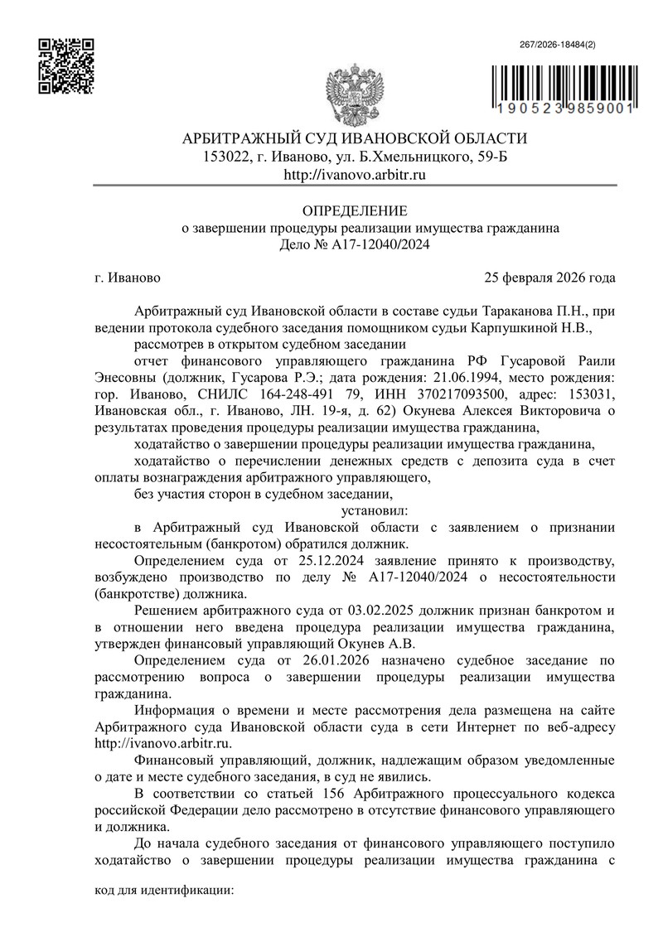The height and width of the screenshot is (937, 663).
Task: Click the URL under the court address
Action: point(355,175)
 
